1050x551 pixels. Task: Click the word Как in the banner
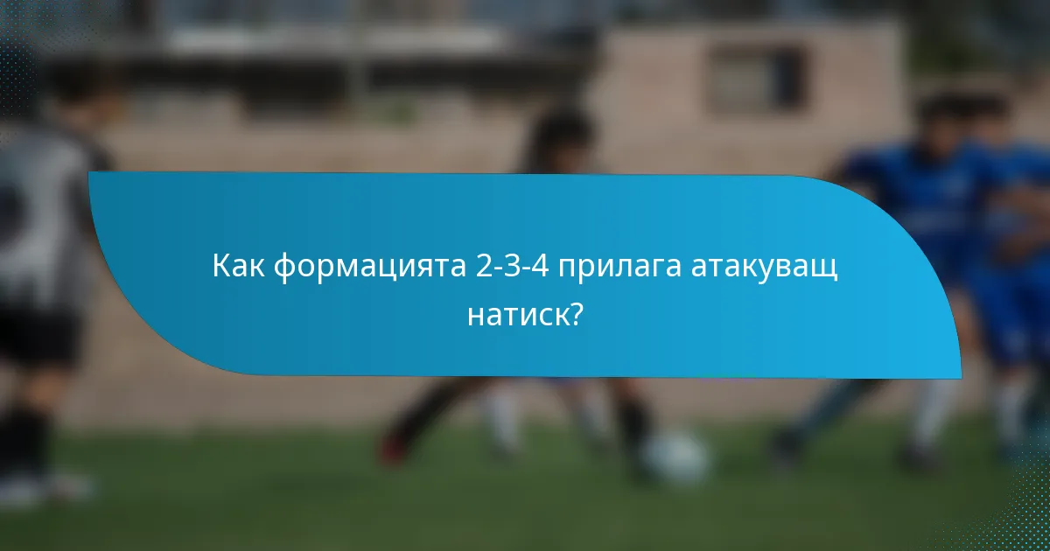click(238, 266)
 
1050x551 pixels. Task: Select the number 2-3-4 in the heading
click(514, 266)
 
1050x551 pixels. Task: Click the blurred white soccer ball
click(675, 456)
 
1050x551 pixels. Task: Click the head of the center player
click(560, 140)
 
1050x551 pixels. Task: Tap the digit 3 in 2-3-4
click(514, 266)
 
